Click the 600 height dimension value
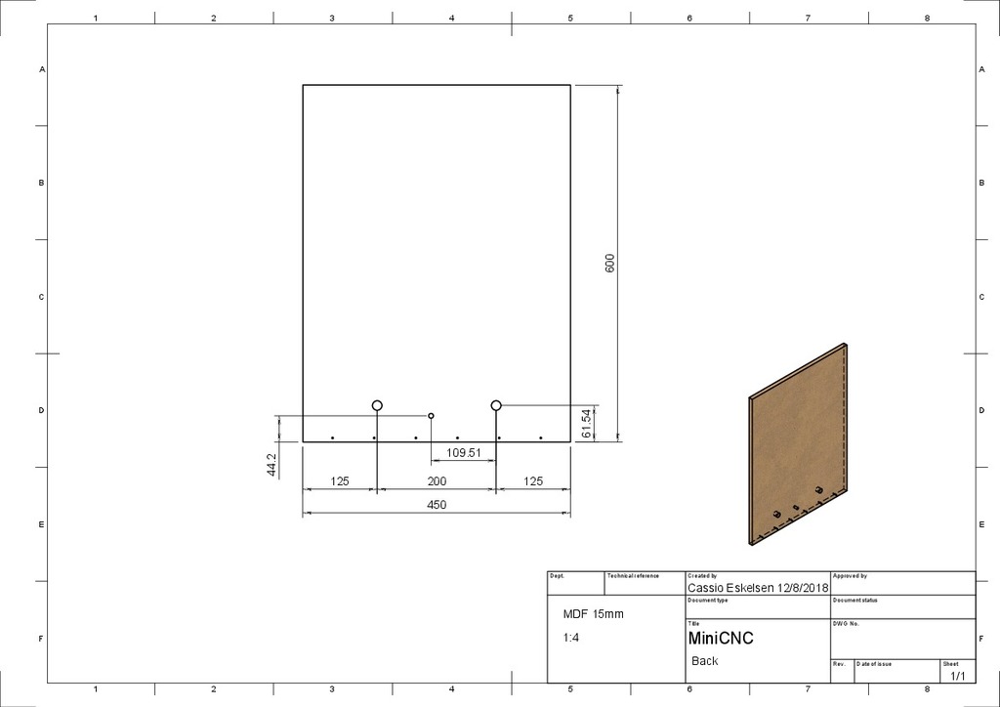610,263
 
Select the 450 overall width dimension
437,505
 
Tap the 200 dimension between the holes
437,481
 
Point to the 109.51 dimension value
465,452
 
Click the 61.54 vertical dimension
585,424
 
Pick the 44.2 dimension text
271,464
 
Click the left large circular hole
377,405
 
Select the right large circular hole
496,405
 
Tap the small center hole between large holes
432,416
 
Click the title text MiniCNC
721,639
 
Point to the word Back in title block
704,661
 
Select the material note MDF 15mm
593,614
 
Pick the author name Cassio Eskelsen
730,588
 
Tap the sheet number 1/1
957,675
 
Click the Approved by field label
850,576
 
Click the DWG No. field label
846,623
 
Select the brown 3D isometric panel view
798,444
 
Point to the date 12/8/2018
802,588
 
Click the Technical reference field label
633,576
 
